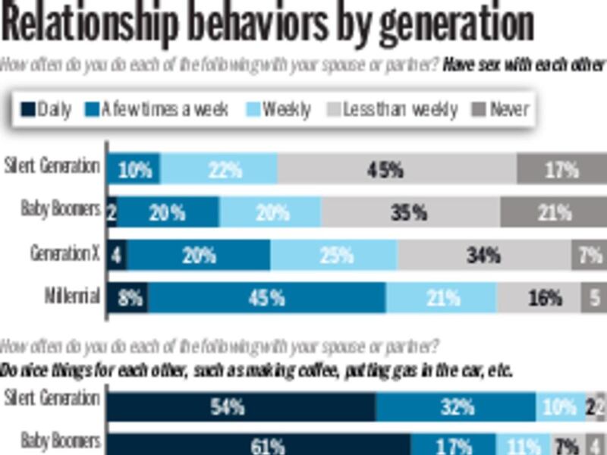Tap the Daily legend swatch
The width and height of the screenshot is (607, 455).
point(27,110)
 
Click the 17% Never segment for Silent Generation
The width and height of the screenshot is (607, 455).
point(561,169)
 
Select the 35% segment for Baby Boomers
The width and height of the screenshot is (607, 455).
point(410,212)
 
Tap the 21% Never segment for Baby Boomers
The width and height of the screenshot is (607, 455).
point(553,212)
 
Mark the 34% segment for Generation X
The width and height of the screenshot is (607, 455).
point(484,256)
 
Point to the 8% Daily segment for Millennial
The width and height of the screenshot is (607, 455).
point(128,297)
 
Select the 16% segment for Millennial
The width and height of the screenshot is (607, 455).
point(539,297)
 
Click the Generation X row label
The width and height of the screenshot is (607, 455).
point(64,254)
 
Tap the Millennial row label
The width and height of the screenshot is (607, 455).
point(71,297)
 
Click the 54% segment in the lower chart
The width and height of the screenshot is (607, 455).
point(241,407)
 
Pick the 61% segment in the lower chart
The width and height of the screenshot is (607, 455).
point(259,445)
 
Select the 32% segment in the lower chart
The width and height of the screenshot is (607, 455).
point(456,407)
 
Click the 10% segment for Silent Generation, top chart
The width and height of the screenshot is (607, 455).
point(134,169)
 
